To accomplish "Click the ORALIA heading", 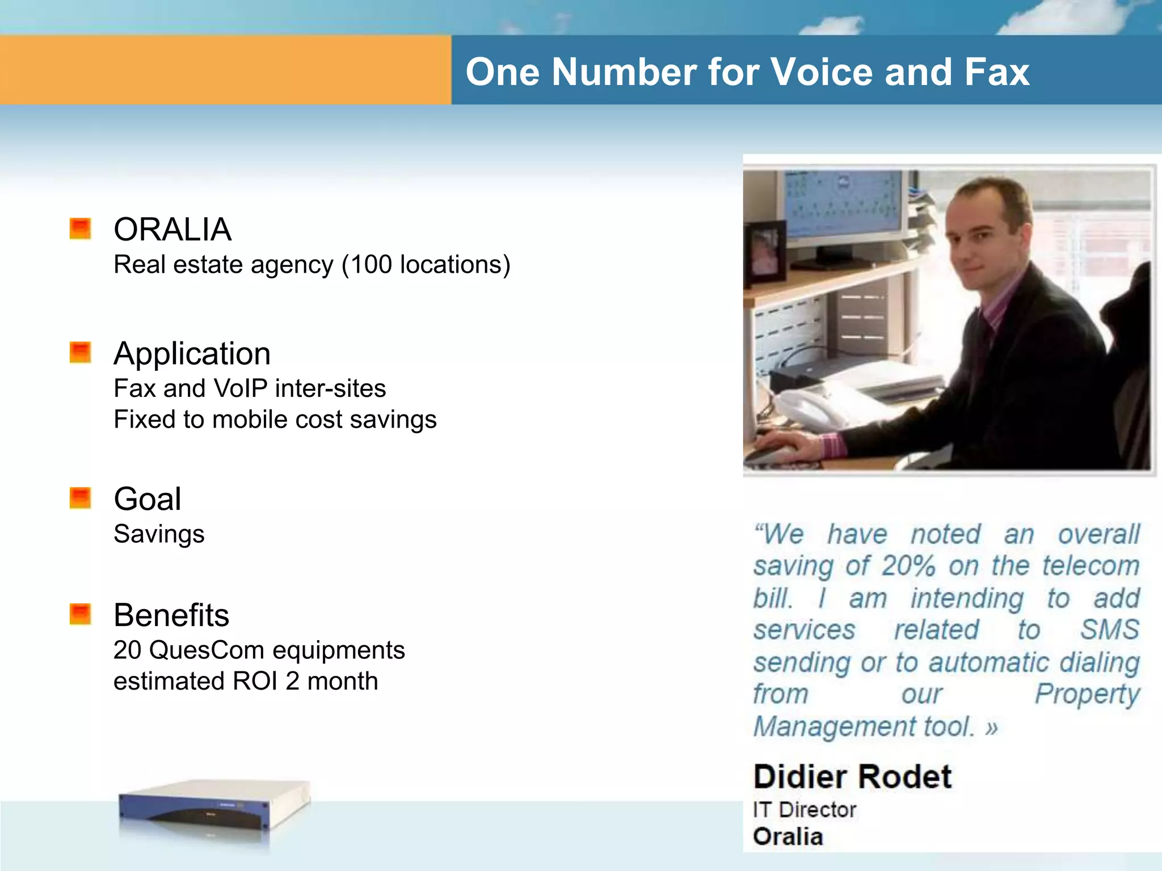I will click(x=172, y=230).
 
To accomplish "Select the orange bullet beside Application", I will click(x=80, y=352).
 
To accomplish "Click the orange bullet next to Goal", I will click(x=80, y=498).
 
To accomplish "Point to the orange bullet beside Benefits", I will click(x=80, y=614).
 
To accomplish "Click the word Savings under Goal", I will click(x=159, y=535).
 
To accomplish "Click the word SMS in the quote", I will click(x=1109, y=630).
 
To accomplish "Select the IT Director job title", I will click(x=804, y=810).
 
